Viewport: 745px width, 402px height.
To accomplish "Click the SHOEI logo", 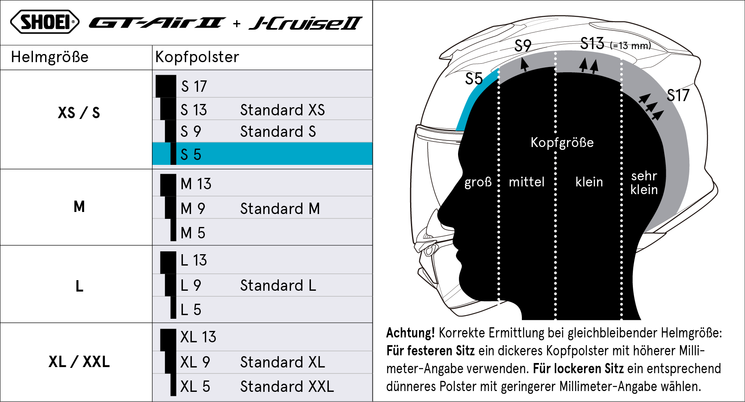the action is pyautogui.click(x=45, y=22).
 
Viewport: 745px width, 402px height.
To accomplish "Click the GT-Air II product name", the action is pyautogui.click(x=157, y=23).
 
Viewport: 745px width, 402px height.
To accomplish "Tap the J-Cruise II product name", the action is pyautogui.click(x=306, y=23).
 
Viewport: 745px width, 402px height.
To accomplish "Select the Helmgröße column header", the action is pyautogui.click(x=50, y=57).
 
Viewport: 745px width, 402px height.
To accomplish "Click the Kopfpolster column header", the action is pyautogui.click(x=197, y=57).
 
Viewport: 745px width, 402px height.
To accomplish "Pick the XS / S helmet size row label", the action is pyautogui.click(x=79, y=112).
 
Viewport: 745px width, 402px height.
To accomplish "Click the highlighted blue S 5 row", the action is pyautogui.click(x=263, y=153).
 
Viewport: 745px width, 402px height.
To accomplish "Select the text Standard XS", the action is pyautogui.click(x=282, y=110).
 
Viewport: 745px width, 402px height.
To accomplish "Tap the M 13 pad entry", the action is pyautogui.click(x=196, y=184).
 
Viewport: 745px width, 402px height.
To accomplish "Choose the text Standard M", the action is pyautogui.click(x=280, y=209).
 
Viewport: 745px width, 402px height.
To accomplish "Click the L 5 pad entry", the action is pyautogui.click(x=191, y=310).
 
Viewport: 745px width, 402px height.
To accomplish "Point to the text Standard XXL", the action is pyautogui.click(x=287, y=387).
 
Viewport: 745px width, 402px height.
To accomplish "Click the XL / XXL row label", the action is pyautogui.click(x=79, y=361).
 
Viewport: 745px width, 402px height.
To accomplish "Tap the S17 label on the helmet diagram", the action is pyautogui.click(x=678, y=95).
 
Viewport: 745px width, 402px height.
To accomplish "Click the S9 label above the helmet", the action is pyautogui.click(x=523, y=45).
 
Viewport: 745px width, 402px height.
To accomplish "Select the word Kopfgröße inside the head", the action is pyautogui.click(x=562, y=143).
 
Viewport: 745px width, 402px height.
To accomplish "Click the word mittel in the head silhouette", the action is pyautogui.click(x=526, y=182).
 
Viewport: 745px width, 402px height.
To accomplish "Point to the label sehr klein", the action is pyautogui.click(x=644, y=183).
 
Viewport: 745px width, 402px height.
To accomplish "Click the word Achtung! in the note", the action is pyautogui.click(x=411, y=333).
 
